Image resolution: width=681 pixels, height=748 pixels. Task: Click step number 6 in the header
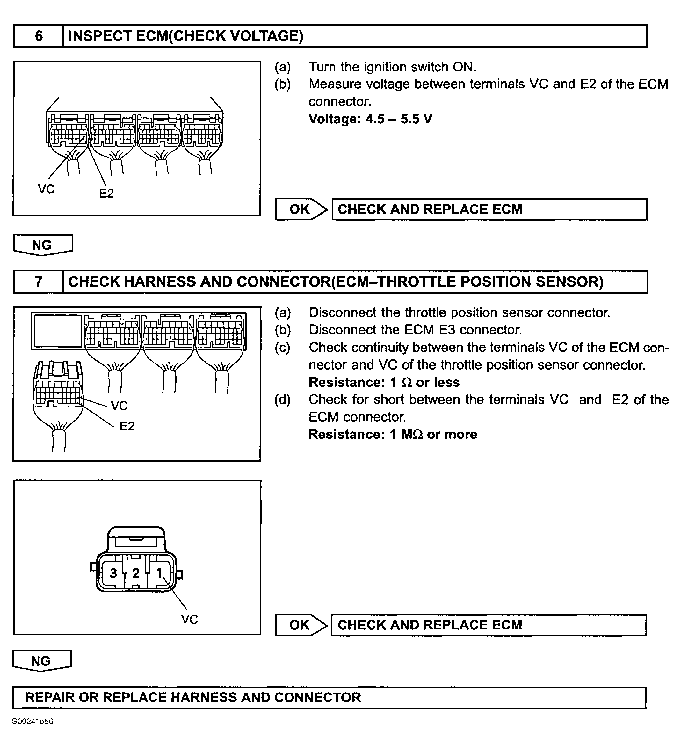39,36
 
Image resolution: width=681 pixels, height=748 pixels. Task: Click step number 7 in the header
39,282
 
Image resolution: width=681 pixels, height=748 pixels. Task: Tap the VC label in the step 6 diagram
46,189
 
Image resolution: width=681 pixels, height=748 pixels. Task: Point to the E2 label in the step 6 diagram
106,193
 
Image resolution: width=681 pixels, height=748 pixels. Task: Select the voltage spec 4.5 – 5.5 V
370,119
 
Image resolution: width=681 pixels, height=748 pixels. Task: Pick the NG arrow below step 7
41,661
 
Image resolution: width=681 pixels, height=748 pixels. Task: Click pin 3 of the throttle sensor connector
113,573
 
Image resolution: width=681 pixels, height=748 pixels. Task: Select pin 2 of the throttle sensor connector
136,573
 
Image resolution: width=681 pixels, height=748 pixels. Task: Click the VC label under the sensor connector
190,619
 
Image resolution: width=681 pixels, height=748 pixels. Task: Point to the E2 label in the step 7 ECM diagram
127,426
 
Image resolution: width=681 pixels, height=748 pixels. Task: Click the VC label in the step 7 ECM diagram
119,406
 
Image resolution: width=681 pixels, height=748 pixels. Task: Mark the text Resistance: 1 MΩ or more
392,434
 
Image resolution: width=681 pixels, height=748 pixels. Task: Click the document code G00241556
33,721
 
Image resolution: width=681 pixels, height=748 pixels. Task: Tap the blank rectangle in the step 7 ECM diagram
57,331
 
